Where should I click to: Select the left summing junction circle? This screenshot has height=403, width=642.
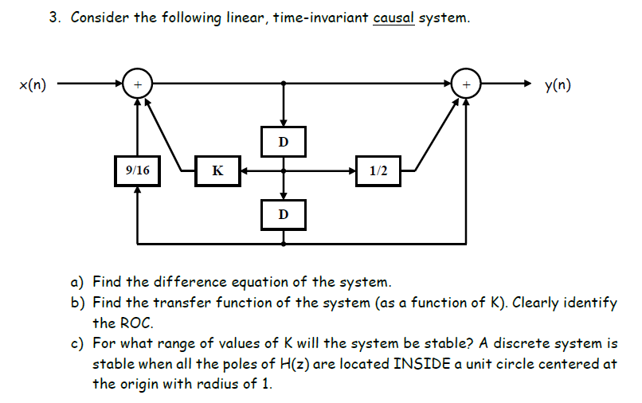pos(138,83)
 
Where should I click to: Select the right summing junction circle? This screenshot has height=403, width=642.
pos(466,83)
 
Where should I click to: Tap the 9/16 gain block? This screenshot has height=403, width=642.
pos(138,170)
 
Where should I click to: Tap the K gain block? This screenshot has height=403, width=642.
pos(217,170)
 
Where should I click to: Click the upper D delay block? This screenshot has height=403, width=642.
pos(283,142)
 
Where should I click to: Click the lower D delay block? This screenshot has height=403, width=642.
pos(283,214)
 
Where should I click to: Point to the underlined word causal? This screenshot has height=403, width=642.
pos(393,18)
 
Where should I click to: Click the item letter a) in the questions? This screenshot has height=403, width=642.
pos(78,282)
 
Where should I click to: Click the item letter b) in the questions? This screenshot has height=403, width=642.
pos(78,303)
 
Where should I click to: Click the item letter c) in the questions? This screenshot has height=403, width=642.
pos(78,343)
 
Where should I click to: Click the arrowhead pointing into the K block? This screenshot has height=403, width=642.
pos(245,170)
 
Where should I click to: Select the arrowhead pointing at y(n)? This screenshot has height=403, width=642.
pos(527,83)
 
